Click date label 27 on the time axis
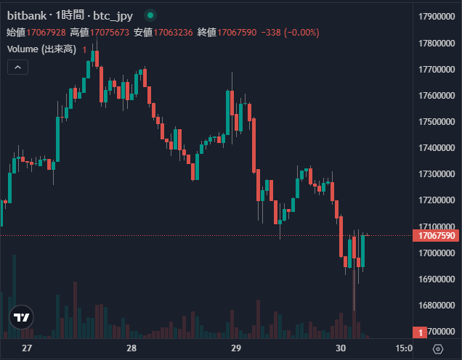[x=28, y=348]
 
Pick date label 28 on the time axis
[x=131, y=348]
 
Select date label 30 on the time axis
[x=341, y=348]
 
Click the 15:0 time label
[x=404, y=348]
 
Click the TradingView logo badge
[x=23, y=317]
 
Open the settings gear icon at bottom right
[x=438, y=348]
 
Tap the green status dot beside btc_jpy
[x=150, y=15]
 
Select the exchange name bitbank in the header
[x=25, y=15]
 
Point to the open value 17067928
[x=46, y=32]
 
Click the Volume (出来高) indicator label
[x=41, y=49]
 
